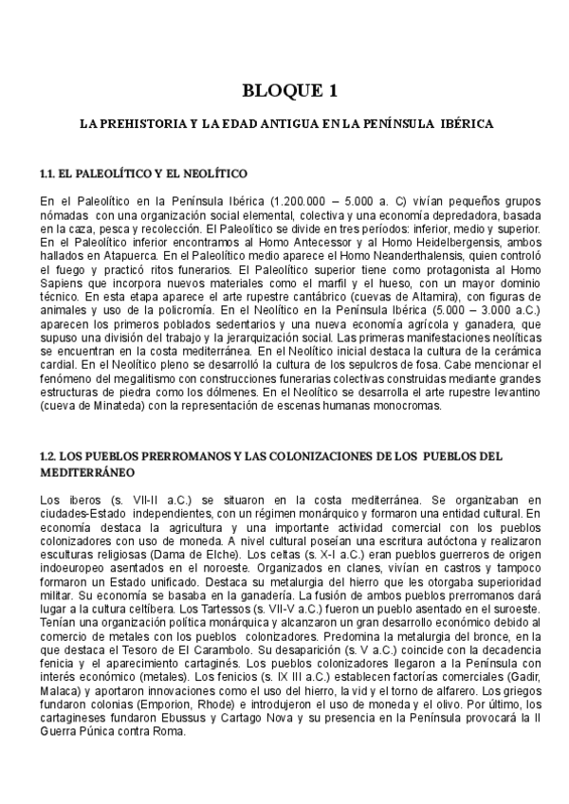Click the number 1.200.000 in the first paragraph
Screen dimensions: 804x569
click(302, 201)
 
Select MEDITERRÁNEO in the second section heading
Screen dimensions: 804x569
click(88, 471)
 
